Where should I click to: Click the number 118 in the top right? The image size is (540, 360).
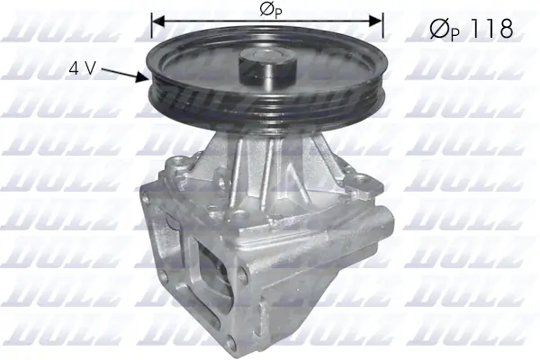click(490, 29)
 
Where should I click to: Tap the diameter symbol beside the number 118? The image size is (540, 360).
click(437, 29)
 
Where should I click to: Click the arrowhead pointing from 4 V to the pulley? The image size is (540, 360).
click(143, 78)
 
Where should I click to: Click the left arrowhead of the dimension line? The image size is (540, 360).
click(157, 19)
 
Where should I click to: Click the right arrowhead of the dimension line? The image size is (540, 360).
click(378, 19)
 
